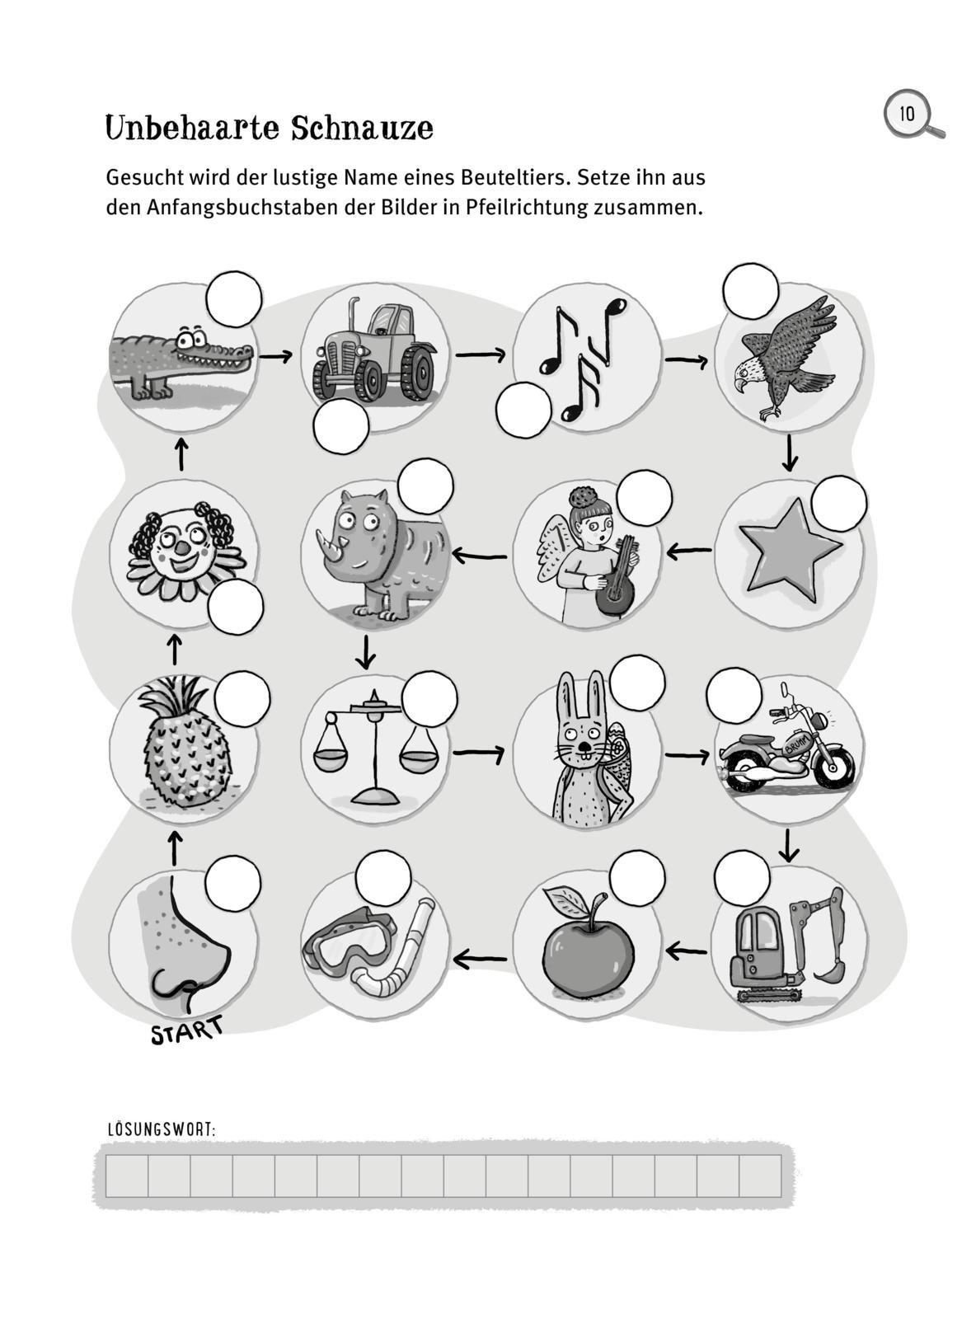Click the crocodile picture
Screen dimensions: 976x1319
click(x=181, y=362)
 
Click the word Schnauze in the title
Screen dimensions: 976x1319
click(x=362, y=127)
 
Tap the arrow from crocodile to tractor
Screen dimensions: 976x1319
click(x=276, y=356)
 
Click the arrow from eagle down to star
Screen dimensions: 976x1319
click(x=789, y=454)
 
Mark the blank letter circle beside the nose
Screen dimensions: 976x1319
click(x=233, y=884)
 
